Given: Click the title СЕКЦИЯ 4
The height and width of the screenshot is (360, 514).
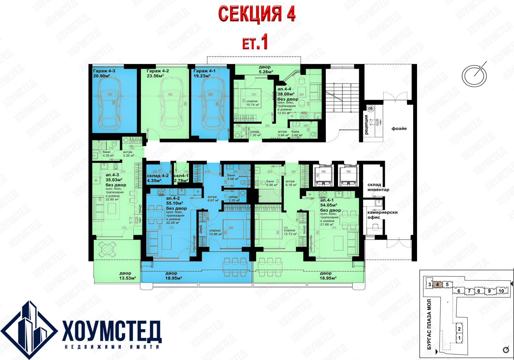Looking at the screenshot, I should [x=256, y=14].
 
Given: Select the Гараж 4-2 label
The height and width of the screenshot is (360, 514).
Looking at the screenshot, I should [x=157, y=71].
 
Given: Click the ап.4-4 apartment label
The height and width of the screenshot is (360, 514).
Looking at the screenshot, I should [x=284, y=89].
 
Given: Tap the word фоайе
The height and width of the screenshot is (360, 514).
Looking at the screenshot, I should [x=399, y=129].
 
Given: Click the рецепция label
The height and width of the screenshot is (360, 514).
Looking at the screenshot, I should [x=366, y=125].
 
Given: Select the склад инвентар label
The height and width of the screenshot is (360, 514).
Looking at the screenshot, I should [x=378, y=187].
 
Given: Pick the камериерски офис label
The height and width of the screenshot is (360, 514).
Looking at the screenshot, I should [x=382, y=215].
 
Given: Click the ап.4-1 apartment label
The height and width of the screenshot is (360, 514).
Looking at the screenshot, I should [x=327, y=200].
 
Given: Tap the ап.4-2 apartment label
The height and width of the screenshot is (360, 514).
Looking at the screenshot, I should [x=173, y=198].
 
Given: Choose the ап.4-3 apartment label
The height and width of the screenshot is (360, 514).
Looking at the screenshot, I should [x=112, y=175].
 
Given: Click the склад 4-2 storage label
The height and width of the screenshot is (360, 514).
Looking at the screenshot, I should [x=157, y=176].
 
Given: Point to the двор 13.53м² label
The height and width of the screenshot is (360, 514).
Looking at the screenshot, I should [x=128, y=276].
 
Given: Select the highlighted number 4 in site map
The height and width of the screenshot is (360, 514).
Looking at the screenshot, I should [x=437, y=284].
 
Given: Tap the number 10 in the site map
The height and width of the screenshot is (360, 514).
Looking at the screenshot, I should [x=501, y=291].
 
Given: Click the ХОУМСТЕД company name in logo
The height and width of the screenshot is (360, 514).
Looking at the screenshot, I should [x=111, y=331].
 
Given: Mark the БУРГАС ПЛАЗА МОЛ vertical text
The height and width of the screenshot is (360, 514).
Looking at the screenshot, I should [x=429, y=325].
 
